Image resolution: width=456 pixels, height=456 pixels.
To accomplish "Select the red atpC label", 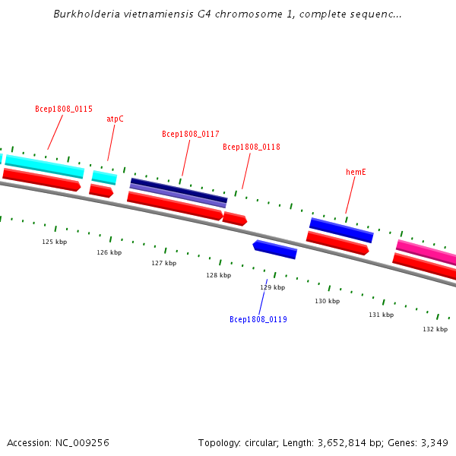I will (115, 119).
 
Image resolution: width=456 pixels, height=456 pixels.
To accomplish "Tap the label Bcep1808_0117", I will (191, 135).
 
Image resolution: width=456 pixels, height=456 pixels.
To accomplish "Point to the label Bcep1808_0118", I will (252, 147).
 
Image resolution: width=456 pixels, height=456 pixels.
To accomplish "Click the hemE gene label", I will (356, 173).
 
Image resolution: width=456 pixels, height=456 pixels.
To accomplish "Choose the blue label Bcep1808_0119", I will (258, 320).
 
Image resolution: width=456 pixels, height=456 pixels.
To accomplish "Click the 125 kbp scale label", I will (54, 242).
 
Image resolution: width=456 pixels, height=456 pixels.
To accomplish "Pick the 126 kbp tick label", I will (109, 252).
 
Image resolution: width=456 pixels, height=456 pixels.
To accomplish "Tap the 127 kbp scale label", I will (163, 263).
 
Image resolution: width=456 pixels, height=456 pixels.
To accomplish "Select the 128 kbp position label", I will (218, 275).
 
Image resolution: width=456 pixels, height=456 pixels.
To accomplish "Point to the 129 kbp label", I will (272, 287).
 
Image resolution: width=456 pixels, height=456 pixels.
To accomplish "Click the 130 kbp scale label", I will (328, 301).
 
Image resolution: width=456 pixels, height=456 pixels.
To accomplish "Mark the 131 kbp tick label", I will (382, 315).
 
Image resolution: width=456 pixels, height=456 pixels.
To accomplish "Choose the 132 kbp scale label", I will (435, 329).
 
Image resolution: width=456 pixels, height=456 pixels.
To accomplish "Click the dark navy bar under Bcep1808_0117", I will (179, 190).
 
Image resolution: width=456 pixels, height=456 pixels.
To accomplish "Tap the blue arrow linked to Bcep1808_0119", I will (274, 249).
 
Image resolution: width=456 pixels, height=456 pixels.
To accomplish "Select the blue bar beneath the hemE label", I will (341, 230).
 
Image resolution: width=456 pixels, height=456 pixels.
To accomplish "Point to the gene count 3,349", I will (434, 443).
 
